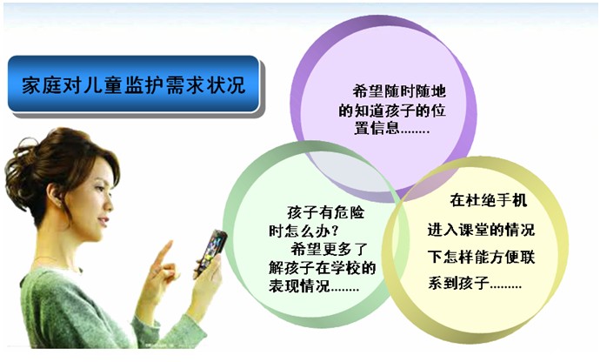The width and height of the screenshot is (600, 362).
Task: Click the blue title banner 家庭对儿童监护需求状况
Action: click(134, 84)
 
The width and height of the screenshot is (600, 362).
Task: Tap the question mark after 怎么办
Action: click(335, 231)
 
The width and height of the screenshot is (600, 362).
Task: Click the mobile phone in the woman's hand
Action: click(210, 253)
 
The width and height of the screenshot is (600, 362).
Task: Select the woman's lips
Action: click(103, 222)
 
